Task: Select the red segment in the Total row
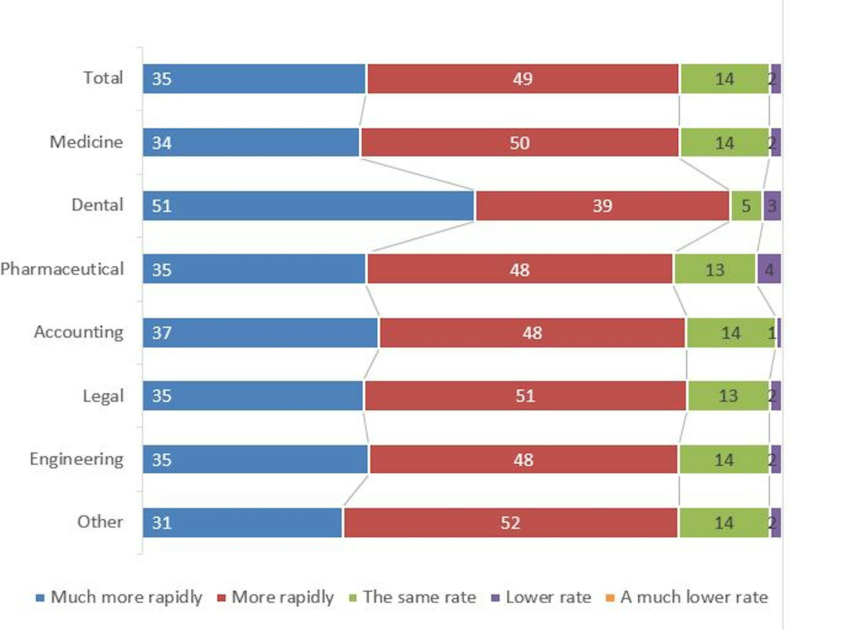click(x=523, y=79)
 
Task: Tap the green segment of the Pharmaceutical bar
click(x=715, y=269)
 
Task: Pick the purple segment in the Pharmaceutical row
click(x=769, y=269)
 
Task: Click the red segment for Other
click(x=510, y=523)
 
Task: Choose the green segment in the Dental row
click(x=746, y=206)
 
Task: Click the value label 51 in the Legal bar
click(x=525, y=396)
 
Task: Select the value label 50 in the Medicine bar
click(x=520, y=143)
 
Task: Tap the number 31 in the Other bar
click(x=161, y=523)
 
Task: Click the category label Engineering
click(x=76, y=459)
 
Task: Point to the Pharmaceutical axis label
click(x=62, y=269)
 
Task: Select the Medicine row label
click(x=86, y=142)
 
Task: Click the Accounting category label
click(x=79, y=332)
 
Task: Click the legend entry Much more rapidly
click(x=126, y=597)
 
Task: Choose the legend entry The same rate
click(x=419, y=597)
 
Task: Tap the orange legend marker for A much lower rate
click(x=610, y=598)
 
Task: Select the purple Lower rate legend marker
click(x=495, y=598)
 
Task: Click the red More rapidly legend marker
click(x=222, y=598)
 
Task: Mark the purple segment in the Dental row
click(x=772, y=206)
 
